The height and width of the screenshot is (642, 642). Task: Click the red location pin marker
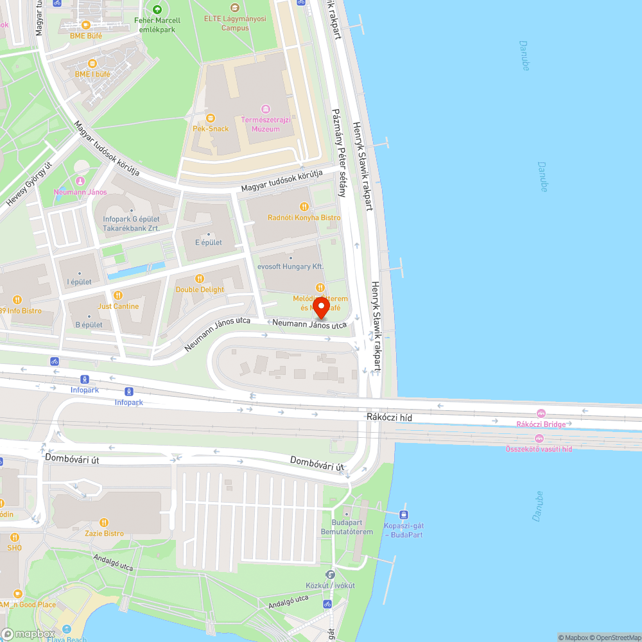click(x=320, y=307)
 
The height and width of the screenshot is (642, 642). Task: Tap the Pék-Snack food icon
click(x=211, y=117)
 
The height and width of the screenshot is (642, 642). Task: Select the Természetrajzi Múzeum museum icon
click(x=265, y=109)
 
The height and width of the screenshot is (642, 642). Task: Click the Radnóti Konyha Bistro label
click(x=304, y=218)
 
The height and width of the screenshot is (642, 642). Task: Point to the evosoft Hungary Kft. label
click(x=290, y=266)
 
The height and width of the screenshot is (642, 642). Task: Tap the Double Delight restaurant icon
click(x=200, y=279)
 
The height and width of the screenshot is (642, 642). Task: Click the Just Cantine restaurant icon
click(x=117, y=295)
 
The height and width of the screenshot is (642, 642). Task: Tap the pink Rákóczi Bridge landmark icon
click(x=541, y=413)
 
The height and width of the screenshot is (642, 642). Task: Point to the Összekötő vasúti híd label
click(x=539, y=449)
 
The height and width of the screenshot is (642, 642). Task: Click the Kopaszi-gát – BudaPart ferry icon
click(x=403, y=514)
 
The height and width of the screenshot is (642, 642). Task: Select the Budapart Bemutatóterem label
click(x=347, y=527)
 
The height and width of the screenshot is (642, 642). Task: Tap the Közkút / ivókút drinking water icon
click(x=330, y=575)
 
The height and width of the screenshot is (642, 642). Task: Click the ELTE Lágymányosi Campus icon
click(x=235, y=8)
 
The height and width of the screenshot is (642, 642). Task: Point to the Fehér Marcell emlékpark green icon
click(x=157, y=10)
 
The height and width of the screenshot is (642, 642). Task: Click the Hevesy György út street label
click(x=29, y=184)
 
